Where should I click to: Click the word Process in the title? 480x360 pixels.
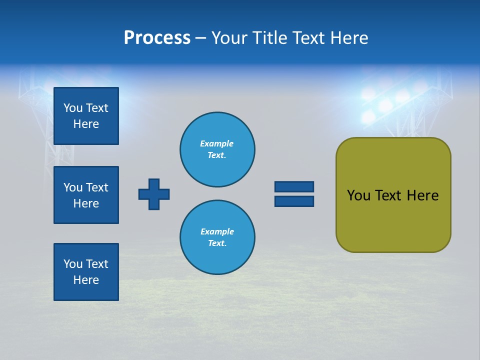(157, 38)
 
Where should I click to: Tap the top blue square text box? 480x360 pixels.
(86, 116)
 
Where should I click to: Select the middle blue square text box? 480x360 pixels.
(86, 195)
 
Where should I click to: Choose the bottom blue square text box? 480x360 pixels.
(86, 272)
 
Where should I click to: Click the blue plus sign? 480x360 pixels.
(154, 194)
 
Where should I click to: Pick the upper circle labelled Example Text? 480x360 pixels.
(217, 149)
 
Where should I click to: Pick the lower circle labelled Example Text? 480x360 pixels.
(217, 237)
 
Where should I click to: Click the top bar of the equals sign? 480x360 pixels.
(294, 187)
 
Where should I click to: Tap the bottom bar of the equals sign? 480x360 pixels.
(294, 201)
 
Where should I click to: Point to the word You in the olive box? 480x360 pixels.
(358, 195)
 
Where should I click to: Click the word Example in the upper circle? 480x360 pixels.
(217, 143)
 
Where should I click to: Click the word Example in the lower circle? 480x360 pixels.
(217, 231)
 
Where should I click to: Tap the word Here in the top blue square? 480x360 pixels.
(86, 124)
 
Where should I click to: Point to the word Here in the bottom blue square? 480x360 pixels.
(86, 280)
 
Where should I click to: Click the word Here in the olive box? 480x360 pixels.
(422, 195)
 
